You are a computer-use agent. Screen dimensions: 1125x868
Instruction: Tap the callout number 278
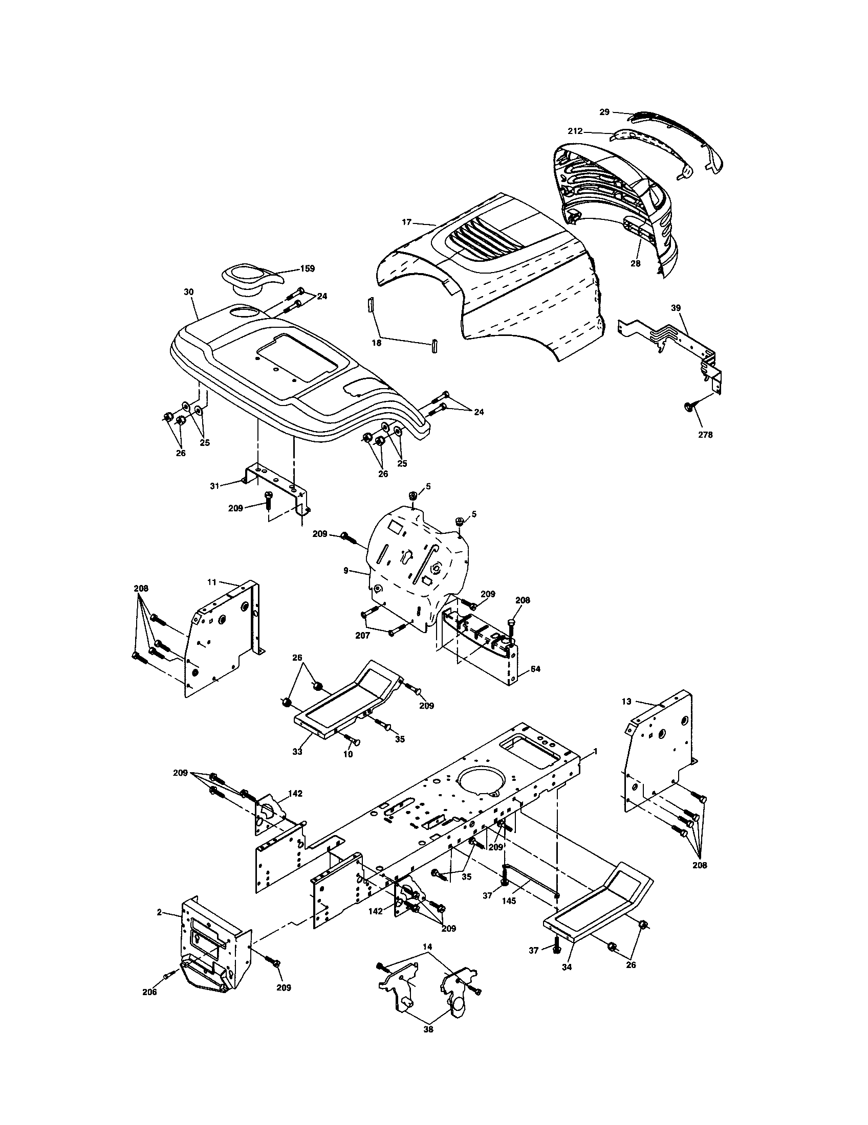705,435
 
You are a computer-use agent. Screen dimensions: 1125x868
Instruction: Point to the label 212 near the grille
575,131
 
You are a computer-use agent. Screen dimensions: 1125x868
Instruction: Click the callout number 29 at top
604,112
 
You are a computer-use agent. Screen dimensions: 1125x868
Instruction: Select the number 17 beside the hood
407,222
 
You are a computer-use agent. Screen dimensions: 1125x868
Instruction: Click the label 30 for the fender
188,291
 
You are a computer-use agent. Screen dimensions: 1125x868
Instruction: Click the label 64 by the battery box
535,669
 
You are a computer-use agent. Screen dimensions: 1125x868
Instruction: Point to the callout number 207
363,636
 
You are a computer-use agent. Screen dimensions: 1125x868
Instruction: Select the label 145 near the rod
509,901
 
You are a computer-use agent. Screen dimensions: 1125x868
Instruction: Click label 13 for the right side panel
626,701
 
